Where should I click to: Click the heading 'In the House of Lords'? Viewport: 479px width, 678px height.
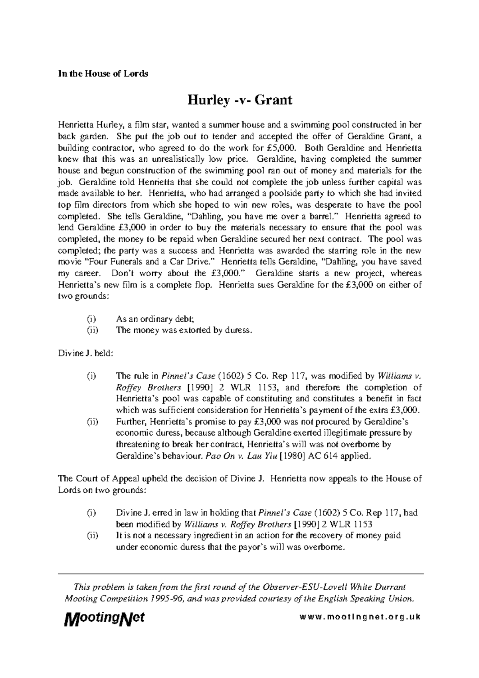[x=103, y=74]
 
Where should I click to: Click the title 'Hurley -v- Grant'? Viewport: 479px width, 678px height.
[x=240, y=99]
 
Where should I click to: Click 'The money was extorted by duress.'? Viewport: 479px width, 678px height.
[x=184, y=330]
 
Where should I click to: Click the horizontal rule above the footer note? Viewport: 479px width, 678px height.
[x=240, y=573]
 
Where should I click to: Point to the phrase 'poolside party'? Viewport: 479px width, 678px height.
[x=293, y=194]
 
